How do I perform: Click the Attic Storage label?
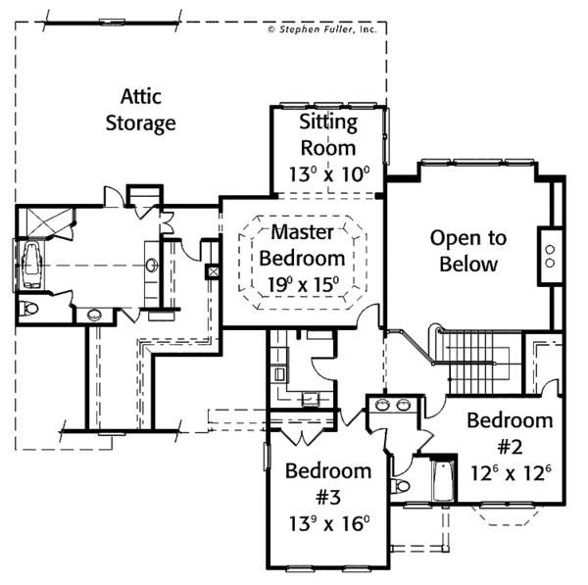click(x=149, y=111)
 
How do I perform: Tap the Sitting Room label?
click(x=327, y=134)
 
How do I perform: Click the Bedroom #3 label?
click(x=328, y=483)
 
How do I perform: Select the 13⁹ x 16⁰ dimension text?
click(x=327, y=521)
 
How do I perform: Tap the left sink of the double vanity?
click(x=382, y=405)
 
